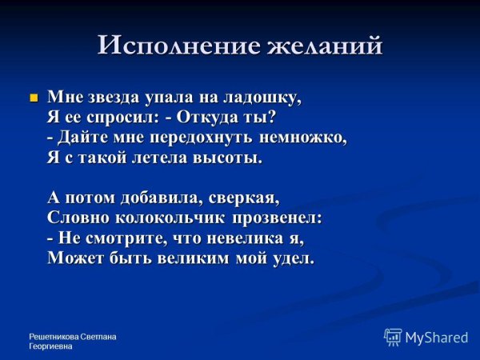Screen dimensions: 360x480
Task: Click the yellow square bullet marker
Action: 34,98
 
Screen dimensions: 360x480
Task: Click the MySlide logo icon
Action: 393,337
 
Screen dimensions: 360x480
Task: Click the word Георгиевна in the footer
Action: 50,346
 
